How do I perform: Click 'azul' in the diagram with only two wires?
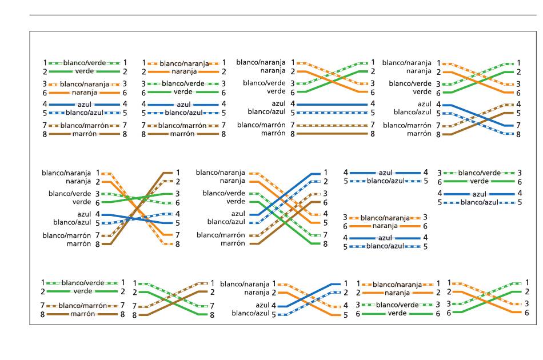(x=385, y=173)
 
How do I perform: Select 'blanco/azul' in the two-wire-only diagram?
(x=385, y=181)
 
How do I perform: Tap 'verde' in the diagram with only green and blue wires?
(x=480, y=181)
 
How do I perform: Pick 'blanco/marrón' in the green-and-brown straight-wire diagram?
(x=83, y=305)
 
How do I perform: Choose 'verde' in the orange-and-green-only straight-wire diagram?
(x=397, y=313)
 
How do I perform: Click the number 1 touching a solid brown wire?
(x=178, y=173)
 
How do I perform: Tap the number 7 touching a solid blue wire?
(x=518, y=125)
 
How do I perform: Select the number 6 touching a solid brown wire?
(x=325, y=202)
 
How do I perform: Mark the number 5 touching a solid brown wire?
(x=518, y=113)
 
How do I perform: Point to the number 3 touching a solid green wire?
(x=178, y=194)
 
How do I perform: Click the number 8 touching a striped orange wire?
(x=178, y=244)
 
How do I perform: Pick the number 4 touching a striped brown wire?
(x=518, y=104)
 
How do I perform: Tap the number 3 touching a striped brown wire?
(x=325, y=194)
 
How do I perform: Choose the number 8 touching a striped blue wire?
(x=518, y=134)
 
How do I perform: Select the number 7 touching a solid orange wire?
(x=178, y=235)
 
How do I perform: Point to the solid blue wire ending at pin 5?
(x=138, y=218)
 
